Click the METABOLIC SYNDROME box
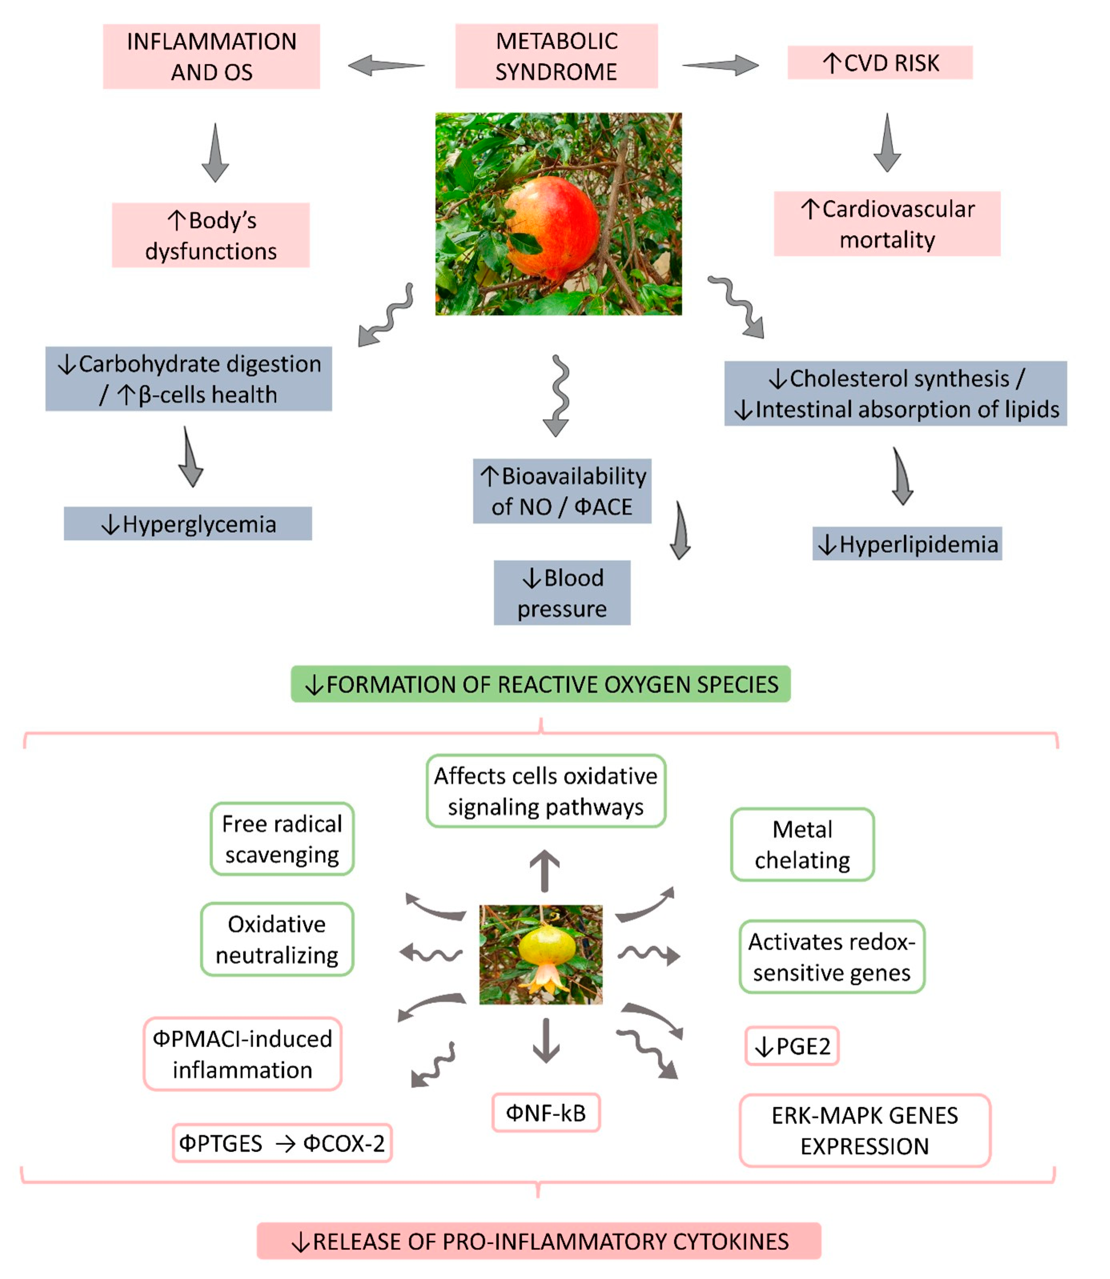tap(556, 56)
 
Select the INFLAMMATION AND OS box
tap(211, 56)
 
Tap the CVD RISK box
tap(880, 62)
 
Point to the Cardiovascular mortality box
tap(887, 224)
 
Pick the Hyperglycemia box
tap(188, 524)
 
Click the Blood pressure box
tap(562, 592)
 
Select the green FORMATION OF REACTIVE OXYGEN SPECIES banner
tap(541, 684)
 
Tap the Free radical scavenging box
tap(282, 839)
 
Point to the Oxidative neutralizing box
tap(277, 939)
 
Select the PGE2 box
tap(791, 1046)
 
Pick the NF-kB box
tap(546, 1112)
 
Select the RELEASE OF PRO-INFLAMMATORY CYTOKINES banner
tap(539, 1241)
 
